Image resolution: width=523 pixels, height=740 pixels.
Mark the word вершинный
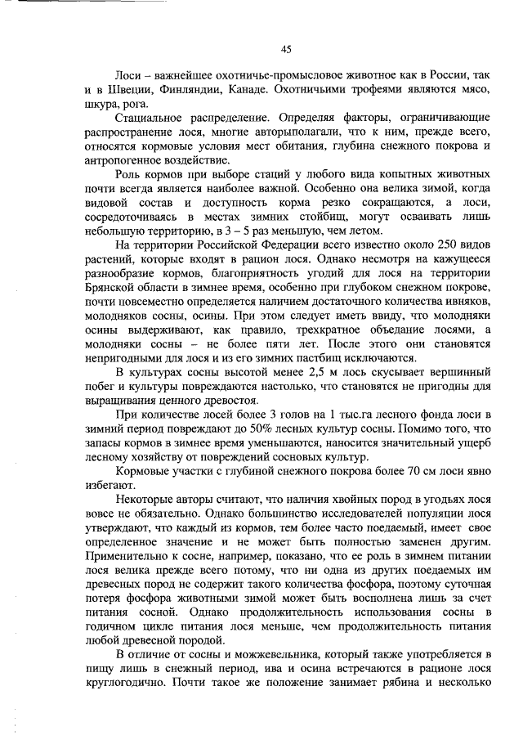point(453,374)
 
